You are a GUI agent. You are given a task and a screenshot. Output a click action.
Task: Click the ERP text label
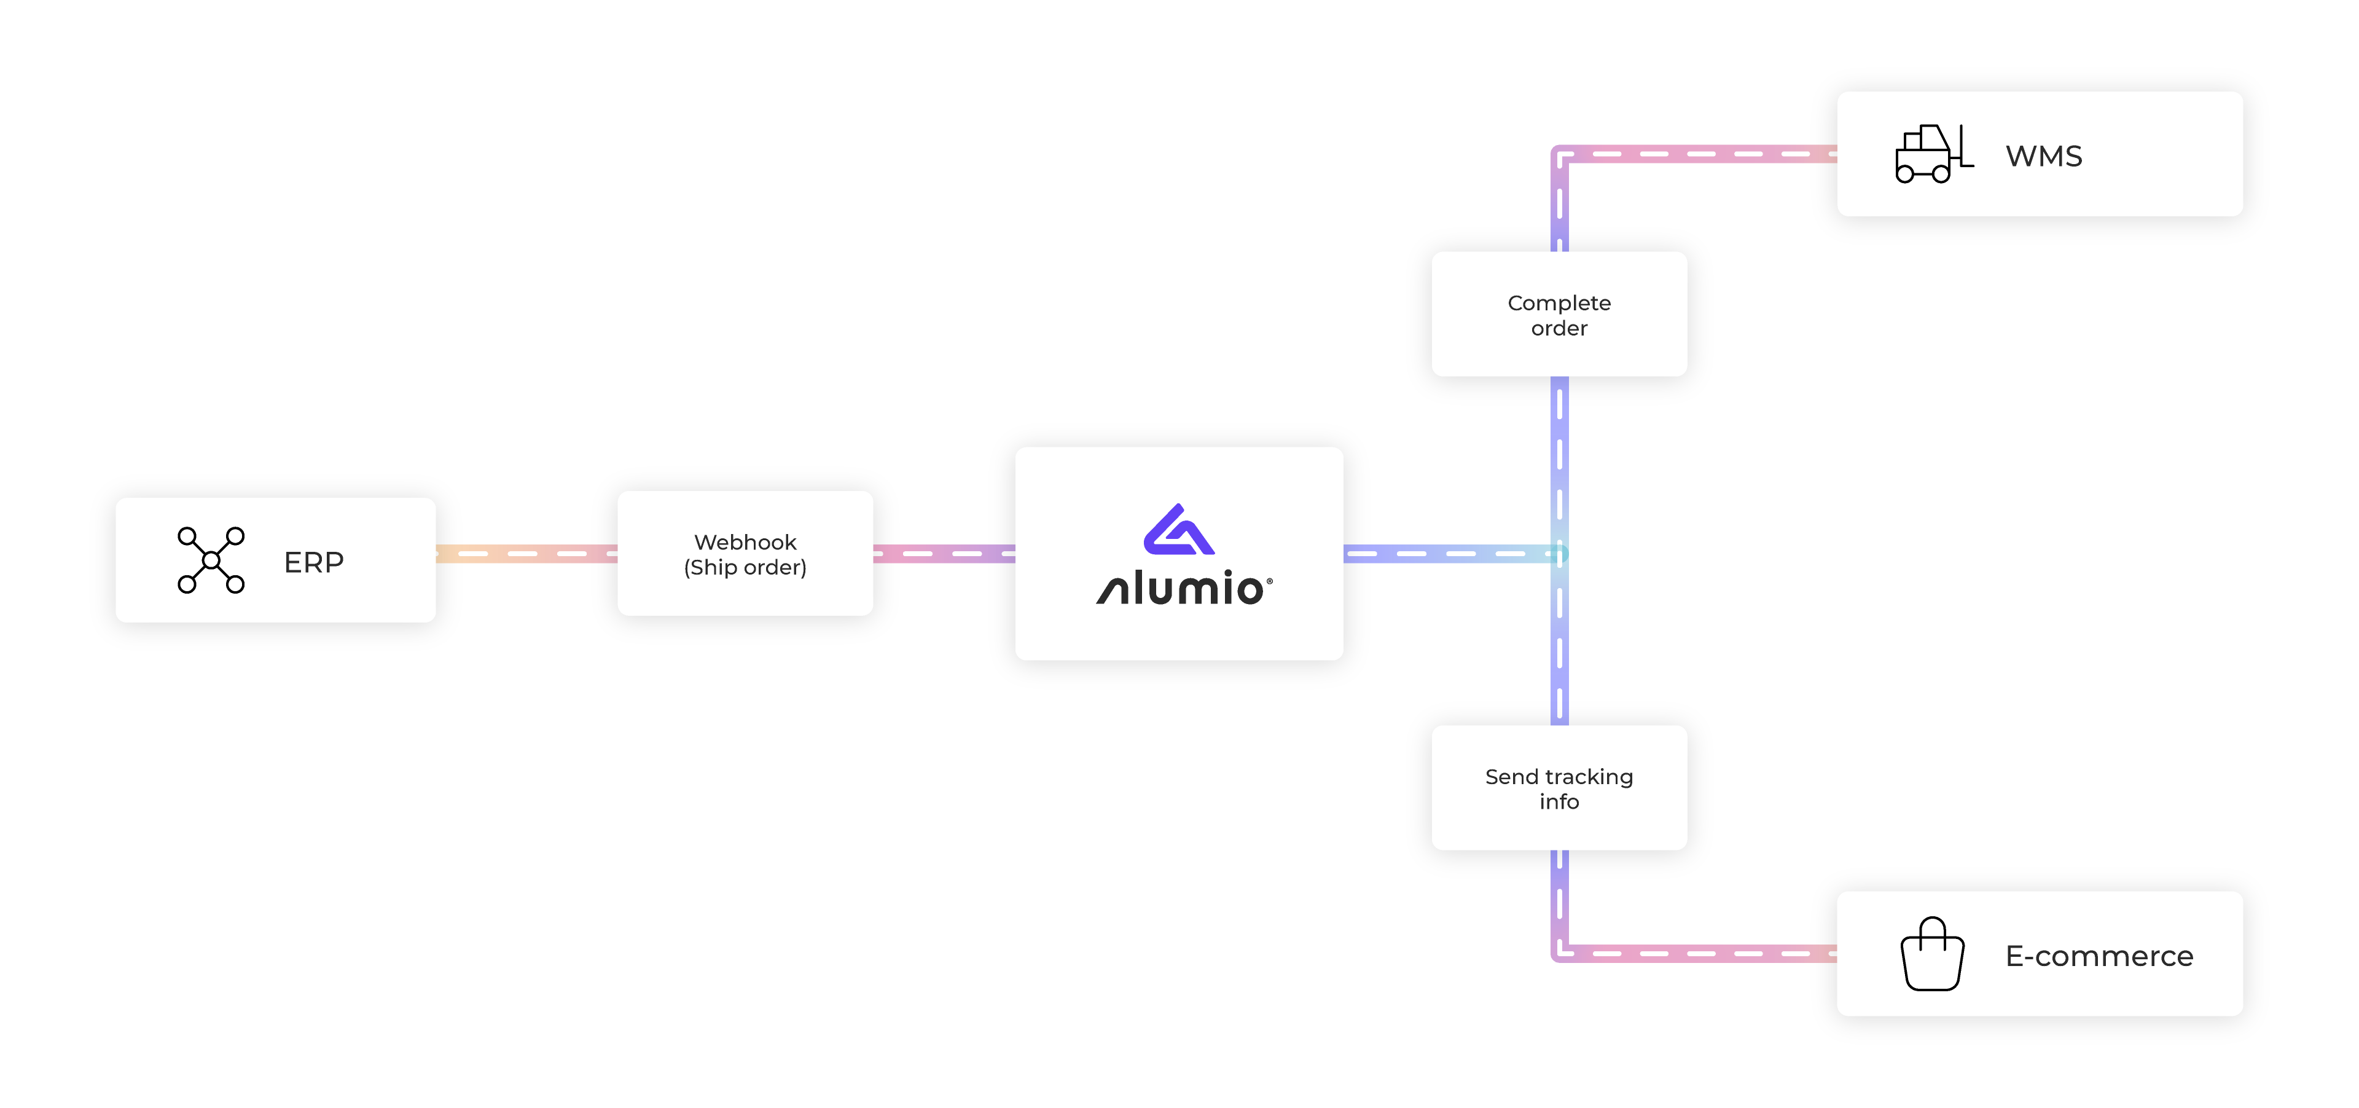[x=313, y=562]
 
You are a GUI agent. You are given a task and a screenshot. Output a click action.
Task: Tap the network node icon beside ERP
[x=211, y=559]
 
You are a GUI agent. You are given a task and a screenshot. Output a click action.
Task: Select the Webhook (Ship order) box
[x=745, y=553]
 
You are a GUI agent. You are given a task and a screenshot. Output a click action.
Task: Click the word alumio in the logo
[x=1183, y=589]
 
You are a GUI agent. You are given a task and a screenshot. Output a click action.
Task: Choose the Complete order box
[x=1559, y=314]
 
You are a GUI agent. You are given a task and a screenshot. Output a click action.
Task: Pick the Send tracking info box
[x=1559, y=787]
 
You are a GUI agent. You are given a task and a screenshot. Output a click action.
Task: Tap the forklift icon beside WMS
[x=1932, y=154]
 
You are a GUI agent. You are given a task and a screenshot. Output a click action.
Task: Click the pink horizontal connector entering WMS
[x=1704, y=154]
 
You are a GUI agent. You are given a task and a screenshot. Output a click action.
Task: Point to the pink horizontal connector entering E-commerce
[x=1704, y=953]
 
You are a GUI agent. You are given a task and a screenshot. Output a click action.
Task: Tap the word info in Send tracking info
[x=1559, y=802]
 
